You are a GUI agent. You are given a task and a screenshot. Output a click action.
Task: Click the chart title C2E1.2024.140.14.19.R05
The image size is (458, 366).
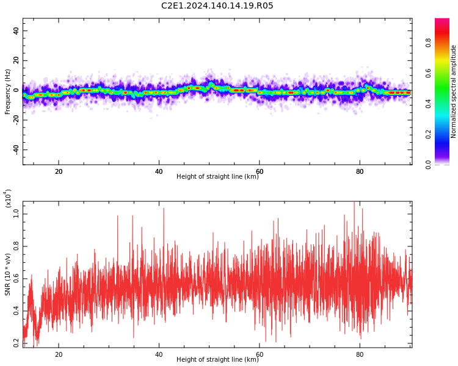click(x=217, y=5)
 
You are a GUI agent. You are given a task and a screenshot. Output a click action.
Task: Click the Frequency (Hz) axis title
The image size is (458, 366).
click(x=7, y=91)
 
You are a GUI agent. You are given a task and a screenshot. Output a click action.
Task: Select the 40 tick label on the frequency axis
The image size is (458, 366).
click(x=16, y=30)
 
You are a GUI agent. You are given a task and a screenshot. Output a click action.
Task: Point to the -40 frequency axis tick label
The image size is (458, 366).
click(x=16, y=149)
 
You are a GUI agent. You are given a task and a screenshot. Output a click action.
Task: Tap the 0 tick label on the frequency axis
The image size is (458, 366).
click(x=16, y=90)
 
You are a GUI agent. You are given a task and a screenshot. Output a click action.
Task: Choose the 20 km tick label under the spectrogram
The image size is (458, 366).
click(x=59, y=171)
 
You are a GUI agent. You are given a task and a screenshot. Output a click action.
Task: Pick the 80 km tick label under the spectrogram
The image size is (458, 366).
click(x=360, y=171)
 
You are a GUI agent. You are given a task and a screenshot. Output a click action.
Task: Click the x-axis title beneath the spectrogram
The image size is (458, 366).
click(x=217, y=176)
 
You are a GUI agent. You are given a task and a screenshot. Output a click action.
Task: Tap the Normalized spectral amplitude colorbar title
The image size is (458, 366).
click(x=453, y=91)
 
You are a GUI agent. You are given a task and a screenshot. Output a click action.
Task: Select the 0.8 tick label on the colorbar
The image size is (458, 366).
click(x=428, y=43)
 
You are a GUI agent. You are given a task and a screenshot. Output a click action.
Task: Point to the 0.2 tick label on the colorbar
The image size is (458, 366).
click(x=428, y=134)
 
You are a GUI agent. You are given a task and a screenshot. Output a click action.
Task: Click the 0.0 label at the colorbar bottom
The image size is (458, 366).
click(x=428, y=165)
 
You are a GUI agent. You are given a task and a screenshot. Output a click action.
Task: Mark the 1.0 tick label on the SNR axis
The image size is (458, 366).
click(x=16, y=214)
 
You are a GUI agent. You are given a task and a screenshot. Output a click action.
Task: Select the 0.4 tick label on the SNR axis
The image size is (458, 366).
click(x=16, y=311)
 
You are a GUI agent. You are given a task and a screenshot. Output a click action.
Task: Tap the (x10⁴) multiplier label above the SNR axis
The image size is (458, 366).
click(x=7, y=199)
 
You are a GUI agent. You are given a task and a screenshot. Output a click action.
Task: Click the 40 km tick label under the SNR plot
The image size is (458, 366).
click(x=159, y=354)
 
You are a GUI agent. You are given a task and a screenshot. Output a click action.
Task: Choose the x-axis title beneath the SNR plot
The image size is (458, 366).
click(x=217, y=359)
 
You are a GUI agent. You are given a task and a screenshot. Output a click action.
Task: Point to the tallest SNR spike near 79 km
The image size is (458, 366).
click(x=354, y=202)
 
